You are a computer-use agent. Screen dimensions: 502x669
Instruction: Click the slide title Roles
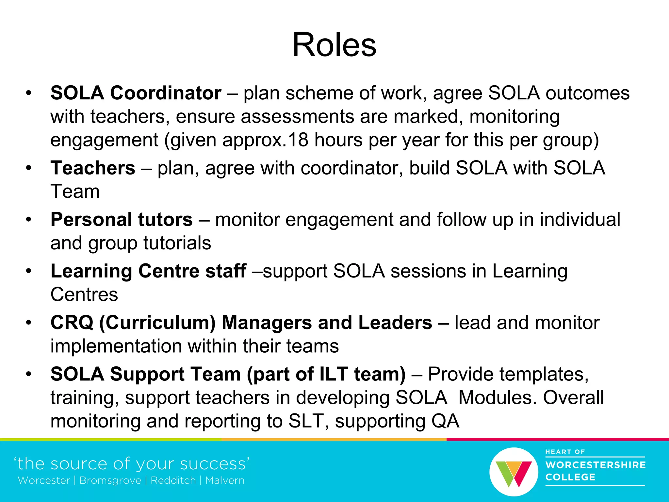coord(334,45)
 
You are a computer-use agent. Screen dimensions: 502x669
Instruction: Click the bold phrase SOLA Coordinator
coord(136,93)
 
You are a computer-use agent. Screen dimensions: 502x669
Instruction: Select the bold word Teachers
coord(93,168)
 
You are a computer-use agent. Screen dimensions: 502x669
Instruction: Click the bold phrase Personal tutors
coord(122,219)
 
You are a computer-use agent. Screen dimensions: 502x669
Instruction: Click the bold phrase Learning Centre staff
coord(148,271)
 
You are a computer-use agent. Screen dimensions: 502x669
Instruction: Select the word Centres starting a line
coord(84,294)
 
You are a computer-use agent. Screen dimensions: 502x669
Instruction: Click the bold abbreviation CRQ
coord(72,323)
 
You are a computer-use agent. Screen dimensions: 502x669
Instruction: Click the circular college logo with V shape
coord(514,472)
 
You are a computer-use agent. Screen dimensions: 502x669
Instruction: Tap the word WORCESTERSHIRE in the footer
coord(596,465)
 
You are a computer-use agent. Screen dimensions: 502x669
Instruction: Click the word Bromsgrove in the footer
coord(110,480)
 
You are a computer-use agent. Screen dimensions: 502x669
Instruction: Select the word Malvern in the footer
coord(225,480)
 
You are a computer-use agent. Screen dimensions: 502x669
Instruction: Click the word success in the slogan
coord(214,464)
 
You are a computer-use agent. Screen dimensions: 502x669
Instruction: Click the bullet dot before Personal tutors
coord(29,220)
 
